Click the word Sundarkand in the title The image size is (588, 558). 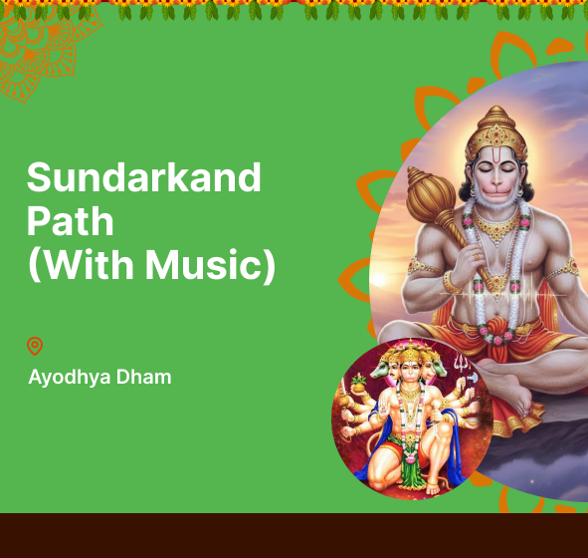click(143, 177)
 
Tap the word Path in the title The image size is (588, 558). click(70, 221)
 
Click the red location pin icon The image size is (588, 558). click(35, 346)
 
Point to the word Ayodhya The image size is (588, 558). click(70, 377)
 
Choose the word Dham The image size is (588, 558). click(143, 377)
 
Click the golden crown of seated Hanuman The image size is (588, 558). click(496, 134)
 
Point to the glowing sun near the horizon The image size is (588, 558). click(379, 279)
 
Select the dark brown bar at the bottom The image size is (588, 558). click(294, 535)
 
